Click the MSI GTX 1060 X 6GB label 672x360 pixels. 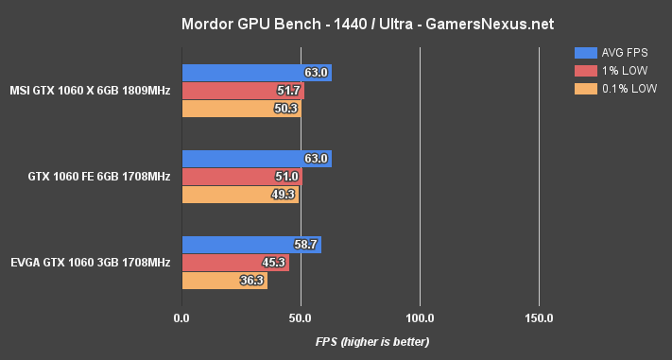90,91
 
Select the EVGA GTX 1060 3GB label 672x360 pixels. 91,263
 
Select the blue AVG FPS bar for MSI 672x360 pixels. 255,73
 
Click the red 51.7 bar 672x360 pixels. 242,91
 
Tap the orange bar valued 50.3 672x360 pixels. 240,109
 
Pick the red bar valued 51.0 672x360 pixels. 241,177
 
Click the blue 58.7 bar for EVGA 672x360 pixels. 250,245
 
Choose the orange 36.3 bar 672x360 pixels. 224,281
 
